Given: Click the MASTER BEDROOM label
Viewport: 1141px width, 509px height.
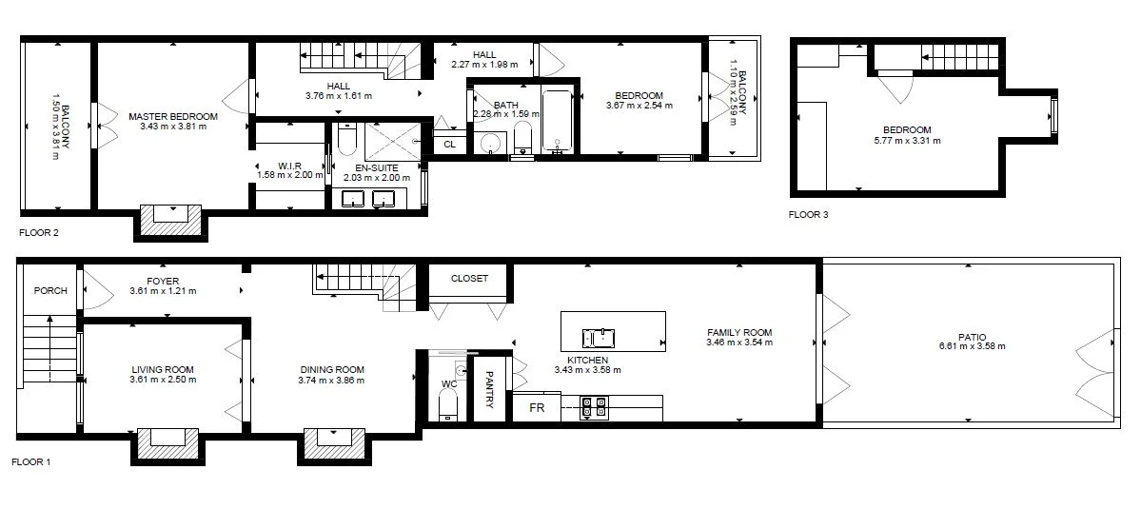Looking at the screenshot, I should tap(172, 116).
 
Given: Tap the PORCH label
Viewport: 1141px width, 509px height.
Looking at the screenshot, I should tap(50, 290).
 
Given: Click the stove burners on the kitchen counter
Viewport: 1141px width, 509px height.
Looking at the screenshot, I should tap(595, 407).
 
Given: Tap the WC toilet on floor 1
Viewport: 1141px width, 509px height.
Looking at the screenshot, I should tap(448, 403).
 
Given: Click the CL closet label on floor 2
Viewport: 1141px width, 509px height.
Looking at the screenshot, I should tap(449, 144).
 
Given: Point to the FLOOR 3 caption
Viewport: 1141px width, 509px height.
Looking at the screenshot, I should tap(808, 215).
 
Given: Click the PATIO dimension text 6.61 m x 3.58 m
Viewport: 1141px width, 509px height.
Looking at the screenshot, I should tap(971, 346).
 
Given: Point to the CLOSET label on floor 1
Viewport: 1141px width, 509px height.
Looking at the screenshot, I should tap(469, 279).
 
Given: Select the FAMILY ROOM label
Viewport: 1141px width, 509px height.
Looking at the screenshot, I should tap(738, 332).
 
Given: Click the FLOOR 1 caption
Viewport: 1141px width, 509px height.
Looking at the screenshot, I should tap(30, 462).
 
